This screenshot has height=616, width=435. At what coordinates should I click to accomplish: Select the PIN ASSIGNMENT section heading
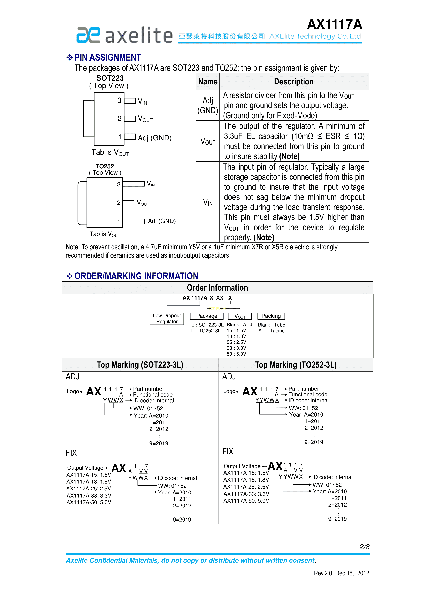tap(107, 57)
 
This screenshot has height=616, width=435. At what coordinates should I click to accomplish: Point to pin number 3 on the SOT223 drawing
tap(119, 100)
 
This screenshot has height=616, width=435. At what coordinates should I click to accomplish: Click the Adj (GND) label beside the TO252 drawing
tap(161, 221)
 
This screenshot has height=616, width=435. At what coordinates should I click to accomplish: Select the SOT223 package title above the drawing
tap(110, 78)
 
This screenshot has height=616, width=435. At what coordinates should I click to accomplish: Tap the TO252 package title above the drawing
tap(105, 166)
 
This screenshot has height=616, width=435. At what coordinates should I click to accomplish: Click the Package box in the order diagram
tap(207, 316)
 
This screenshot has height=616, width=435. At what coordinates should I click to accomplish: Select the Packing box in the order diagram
tap(271, 316)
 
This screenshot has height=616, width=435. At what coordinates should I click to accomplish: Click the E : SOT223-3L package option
tap(207, 325)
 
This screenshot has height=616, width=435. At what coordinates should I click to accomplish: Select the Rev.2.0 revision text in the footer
tap(323, 573)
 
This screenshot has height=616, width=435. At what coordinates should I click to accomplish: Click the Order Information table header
tap(217, 288)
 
